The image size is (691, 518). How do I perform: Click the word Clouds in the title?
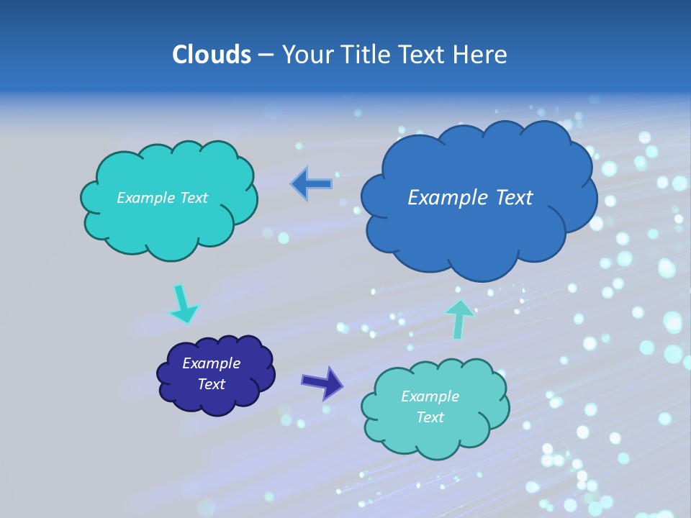211,55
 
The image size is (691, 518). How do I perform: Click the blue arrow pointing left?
311,184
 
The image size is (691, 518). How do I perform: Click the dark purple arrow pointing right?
322,382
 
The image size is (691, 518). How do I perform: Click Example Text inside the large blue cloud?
470,198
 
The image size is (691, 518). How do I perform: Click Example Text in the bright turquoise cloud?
162,198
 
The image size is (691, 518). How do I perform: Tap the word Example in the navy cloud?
211,363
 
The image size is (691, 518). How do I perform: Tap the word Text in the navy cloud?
211,384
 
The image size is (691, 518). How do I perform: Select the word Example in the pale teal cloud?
430,396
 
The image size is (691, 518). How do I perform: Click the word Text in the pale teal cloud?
430,417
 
